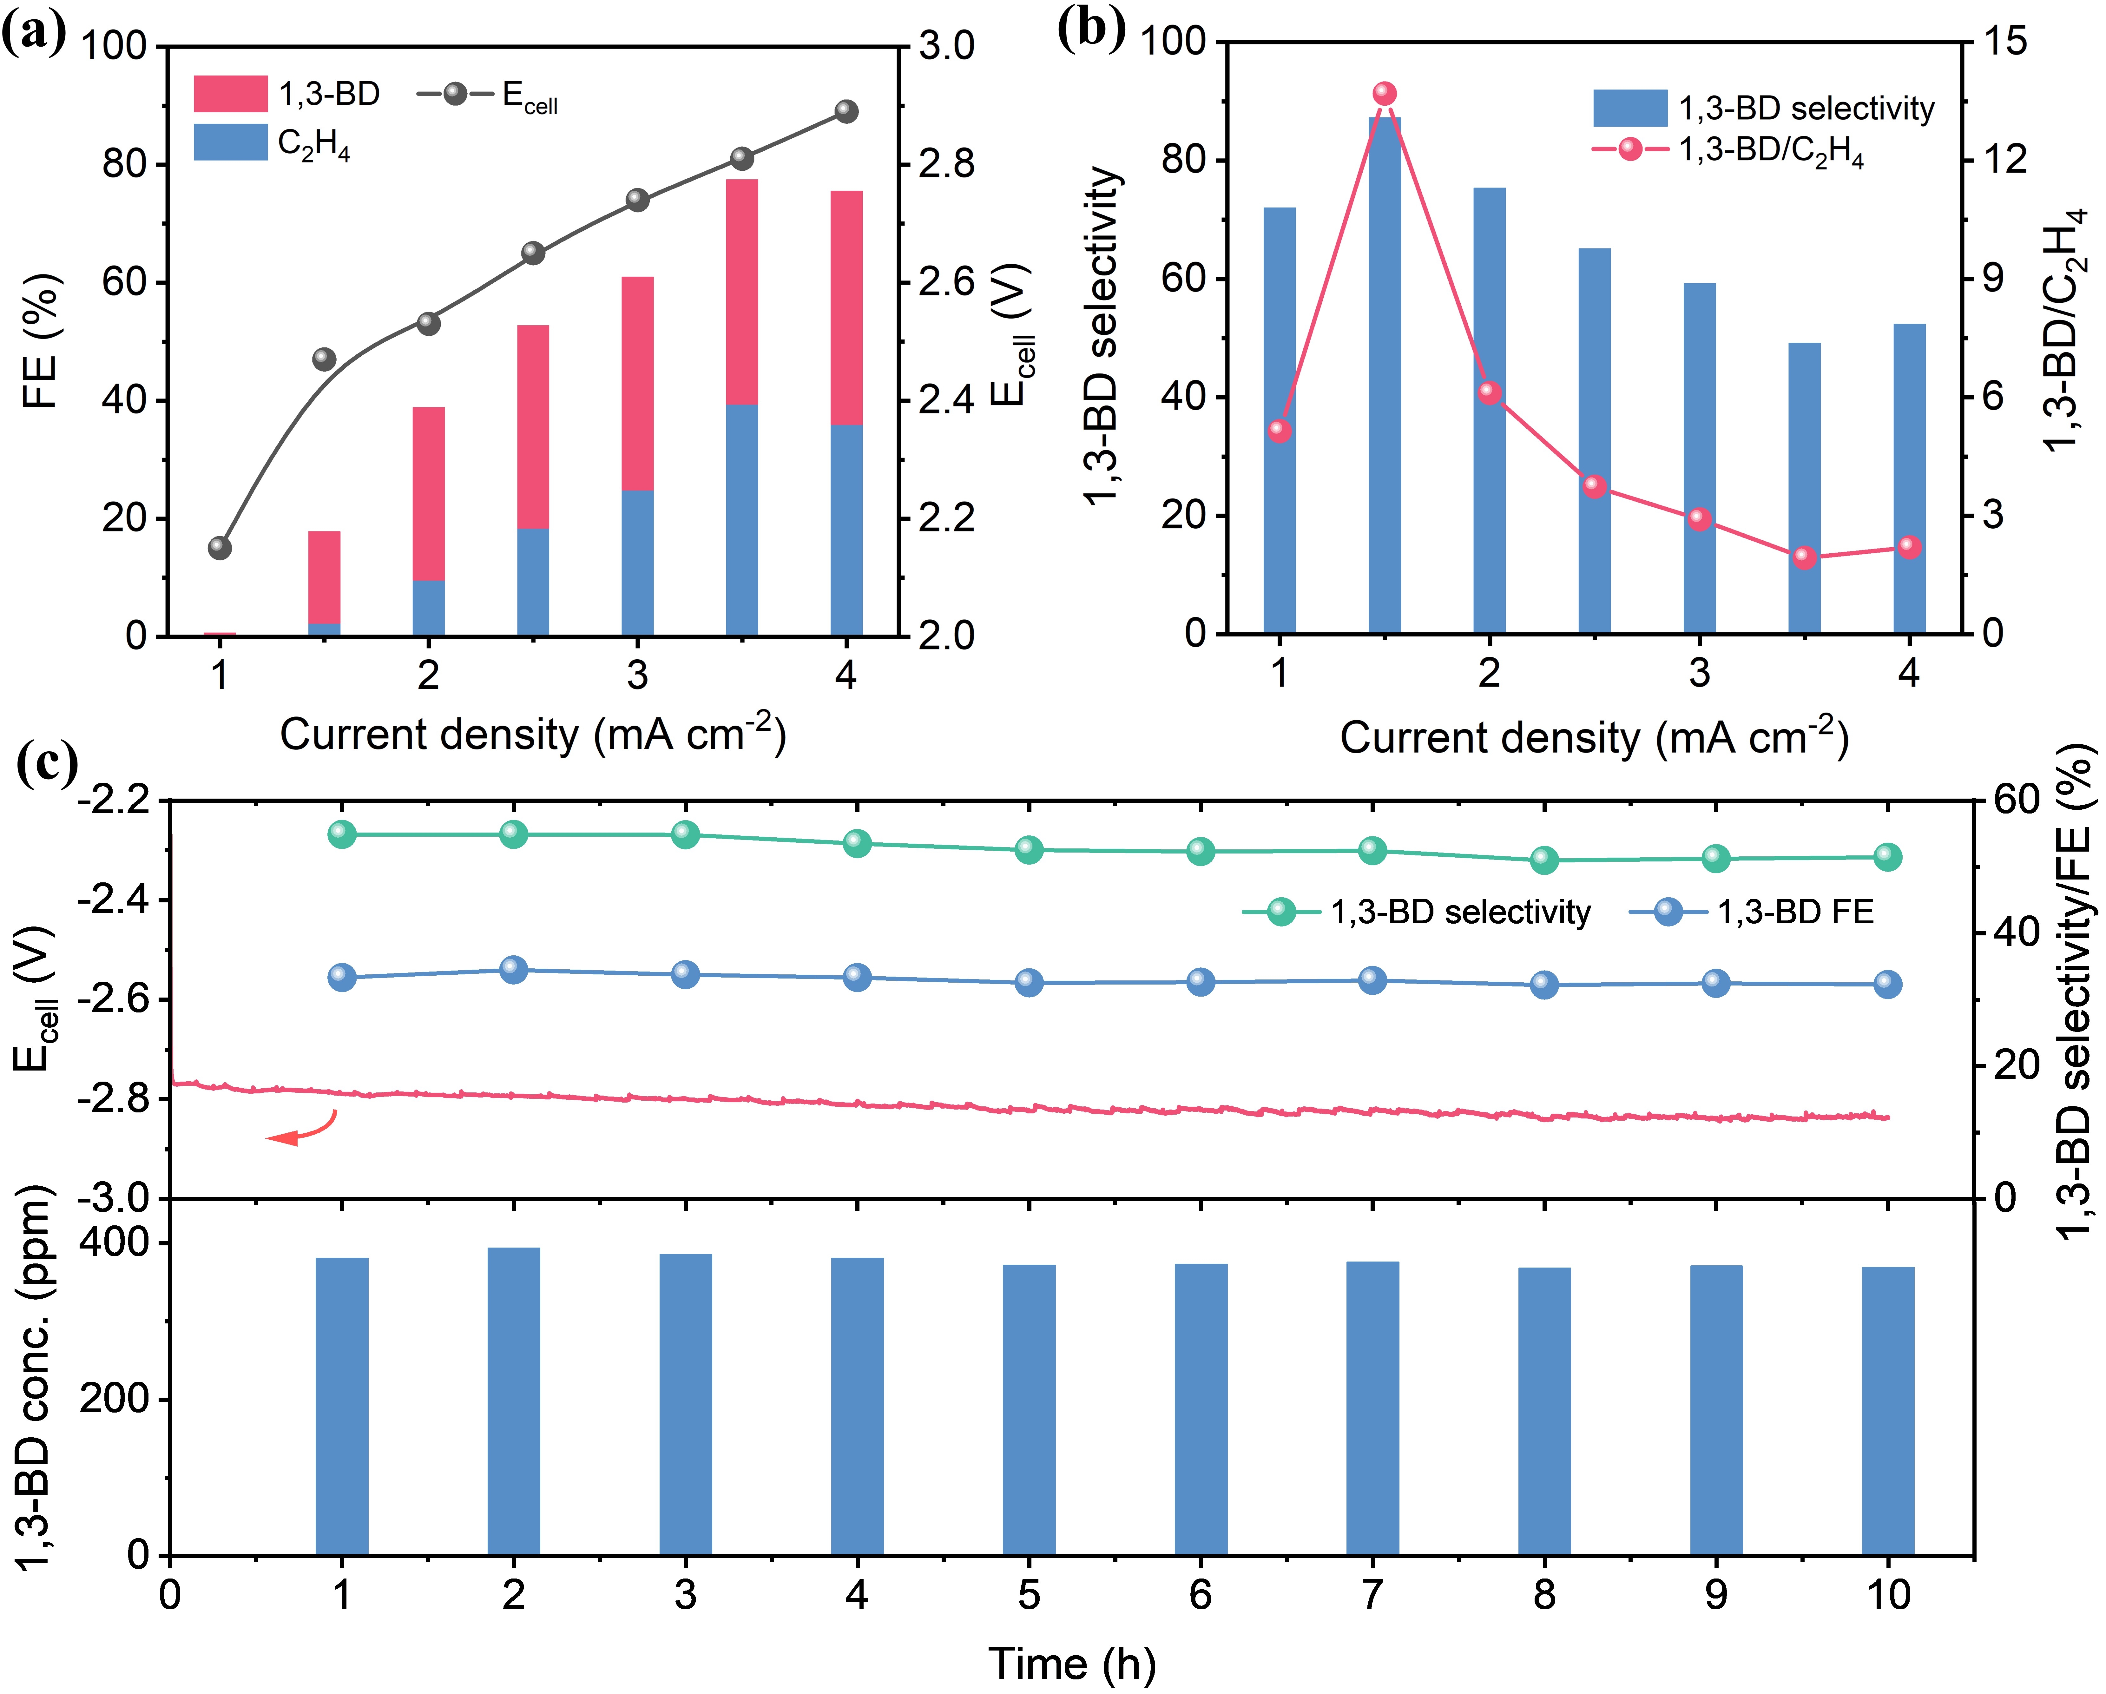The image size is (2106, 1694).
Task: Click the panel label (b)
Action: point(1091,29)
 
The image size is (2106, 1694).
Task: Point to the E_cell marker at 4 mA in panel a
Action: point(846,111)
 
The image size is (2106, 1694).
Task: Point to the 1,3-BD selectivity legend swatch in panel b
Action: point(1629,108)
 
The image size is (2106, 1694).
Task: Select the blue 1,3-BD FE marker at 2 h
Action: point(514,970)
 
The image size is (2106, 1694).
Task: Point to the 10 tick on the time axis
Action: point(1887,1595)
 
